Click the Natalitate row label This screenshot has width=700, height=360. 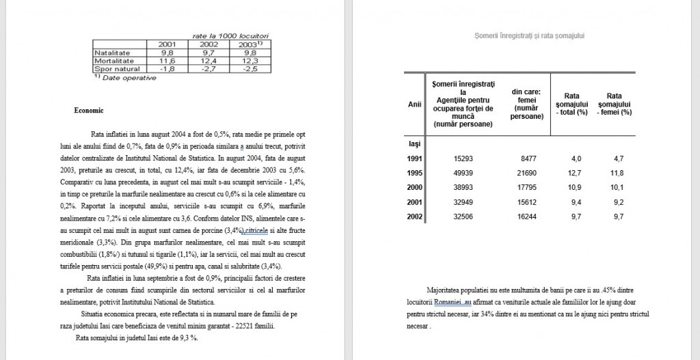tap(111, 52)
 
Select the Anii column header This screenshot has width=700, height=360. tap(414, 105)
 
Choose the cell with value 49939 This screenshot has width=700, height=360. tap(463, 172)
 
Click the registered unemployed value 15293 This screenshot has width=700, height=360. tap(463, 158)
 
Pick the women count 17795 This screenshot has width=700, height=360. tap(532, 187)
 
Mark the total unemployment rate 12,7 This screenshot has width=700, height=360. tap(572, 172)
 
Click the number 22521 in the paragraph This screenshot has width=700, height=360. tap(239, 326)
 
